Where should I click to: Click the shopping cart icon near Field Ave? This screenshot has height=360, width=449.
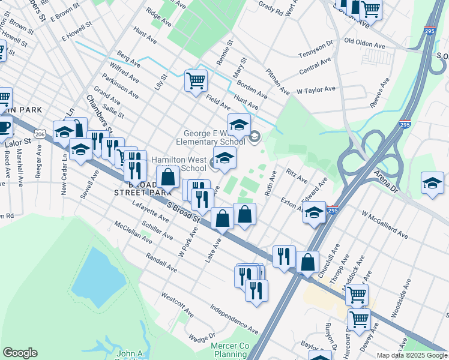coord(196,80)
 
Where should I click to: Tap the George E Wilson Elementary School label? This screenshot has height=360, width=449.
coord(210,137)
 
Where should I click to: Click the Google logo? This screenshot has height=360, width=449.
coord(20,353)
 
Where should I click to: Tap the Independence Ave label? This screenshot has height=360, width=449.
coord(234,319)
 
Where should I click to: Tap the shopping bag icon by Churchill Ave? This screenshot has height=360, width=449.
coord(307,262)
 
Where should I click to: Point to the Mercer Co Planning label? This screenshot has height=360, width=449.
coord(230,350)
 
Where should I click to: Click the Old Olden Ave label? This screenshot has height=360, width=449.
coord(364,45)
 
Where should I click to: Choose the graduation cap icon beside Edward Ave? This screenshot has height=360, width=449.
coord(314,212)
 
